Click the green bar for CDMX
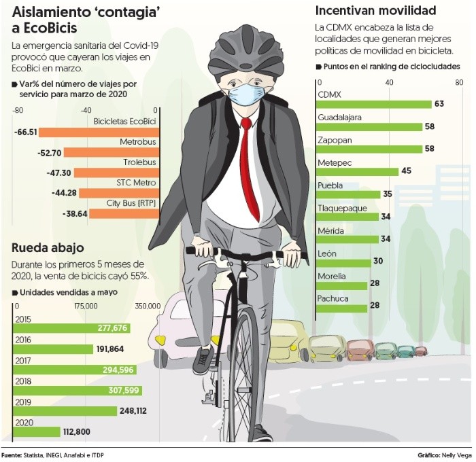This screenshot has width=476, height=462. coord(374,104)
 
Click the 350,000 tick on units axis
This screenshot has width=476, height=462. coord(148,306)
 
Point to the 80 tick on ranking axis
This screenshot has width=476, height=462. coord(459,82)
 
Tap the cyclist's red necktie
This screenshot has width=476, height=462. coord(250,166)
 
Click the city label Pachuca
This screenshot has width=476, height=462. coord(332,298)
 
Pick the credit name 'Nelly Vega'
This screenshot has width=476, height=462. coord(454,455)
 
